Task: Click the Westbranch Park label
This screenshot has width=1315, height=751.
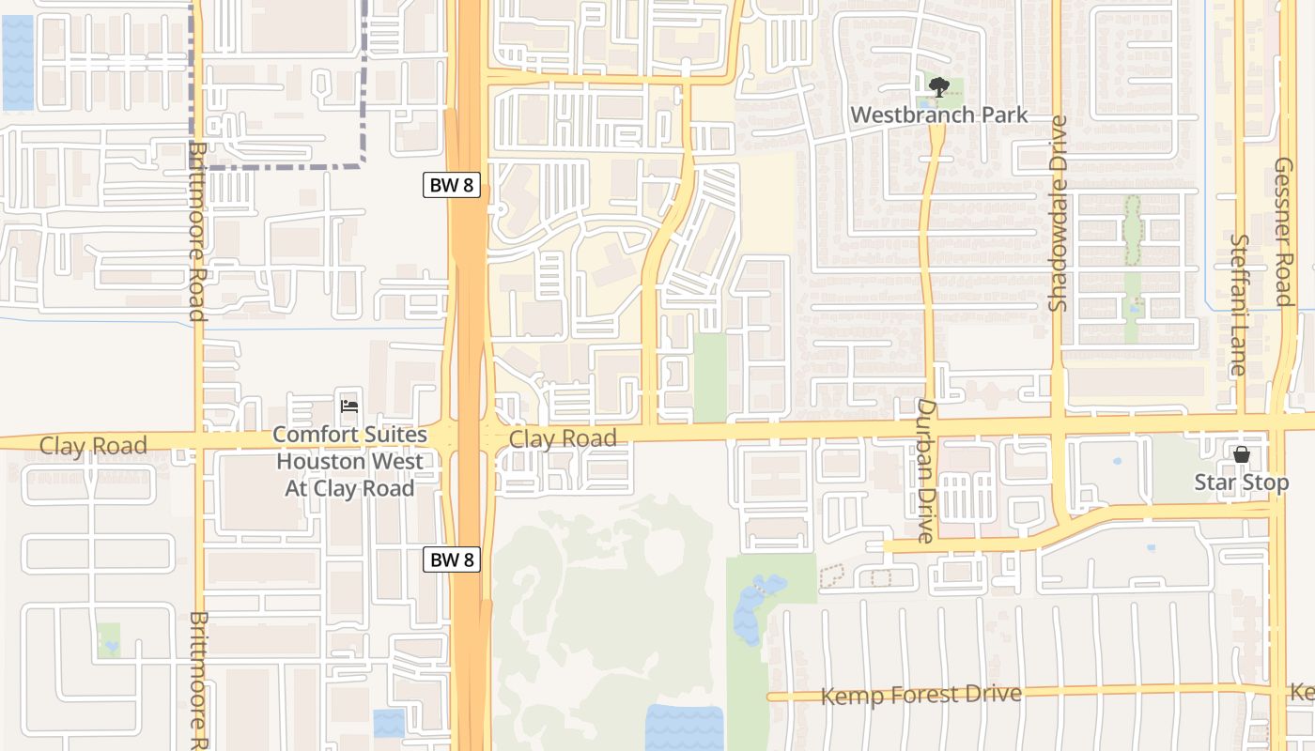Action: click(938, 115)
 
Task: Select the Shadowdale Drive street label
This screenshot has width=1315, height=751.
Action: click(1059, 213)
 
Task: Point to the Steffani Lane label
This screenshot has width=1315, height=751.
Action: click(1238, 305)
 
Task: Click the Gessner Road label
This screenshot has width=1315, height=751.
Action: click(1284, 231)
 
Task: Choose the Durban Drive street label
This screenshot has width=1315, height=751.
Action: click(926, 470)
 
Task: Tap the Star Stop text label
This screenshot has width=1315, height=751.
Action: click(1241, 483)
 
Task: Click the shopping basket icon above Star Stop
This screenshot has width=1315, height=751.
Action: click(1242, 455)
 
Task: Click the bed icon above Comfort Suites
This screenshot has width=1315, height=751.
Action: click(349, 406)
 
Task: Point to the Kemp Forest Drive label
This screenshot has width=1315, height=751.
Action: click(920, 696)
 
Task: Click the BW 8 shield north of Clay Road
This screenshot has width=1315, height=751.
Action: click(452, 185)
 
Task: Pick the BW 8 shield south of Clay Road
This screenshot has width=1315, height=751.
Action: click(452, 559)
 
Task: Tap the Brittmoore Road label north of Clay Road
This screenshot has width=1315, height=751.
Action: click(197, 230)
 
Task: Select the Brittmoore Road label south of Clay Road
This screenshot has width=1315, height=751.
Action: click(197, 681)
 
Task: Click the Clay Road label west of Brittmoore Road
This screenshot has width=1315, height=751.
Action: click(93, 445)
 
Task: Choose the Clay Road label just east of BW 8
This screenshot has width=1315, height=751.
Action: click(563, 438)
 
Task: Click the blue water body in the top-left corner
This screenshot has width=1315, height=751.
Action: click(18, 62)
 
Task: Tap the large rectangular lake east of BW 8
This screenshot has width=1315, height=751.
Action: click(685, 728)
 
